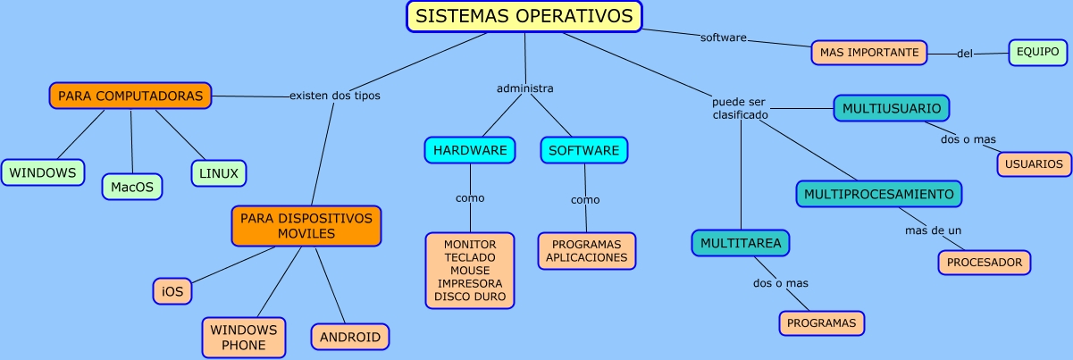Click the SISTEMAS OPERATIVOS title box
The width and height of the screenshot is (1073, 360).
(524, 16)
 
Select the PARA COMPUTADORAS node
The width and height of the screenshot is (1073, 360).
(130, 96)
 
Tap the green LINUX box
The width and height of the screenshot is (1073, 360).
(218, 173)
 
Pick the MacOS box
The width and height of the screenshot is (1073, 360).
(131, 187)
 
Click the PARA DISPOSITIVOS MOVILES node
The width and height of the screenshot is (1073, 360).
(306, 226)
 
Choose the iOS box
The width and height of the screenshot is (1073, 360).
(172, 290)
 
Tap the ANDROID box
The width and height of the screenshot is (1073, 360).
(350, 337)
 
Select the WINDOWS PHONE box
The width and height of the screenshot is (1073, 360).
(243, 337)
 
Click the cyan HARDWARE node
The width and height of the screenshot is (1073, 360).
(470, 150)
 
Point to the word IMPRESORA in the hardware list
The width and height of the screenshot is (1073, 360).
(470, 282)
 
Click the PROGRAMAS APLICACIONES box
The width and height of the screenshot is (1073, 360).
(586, 251)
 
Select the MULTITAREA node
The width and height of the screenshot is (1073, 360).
(741, 243)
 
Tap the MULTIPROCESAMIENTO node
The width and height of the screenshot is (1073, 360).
(879, 194)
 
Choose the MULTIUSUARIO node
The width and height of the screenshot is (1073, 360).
(891, 108)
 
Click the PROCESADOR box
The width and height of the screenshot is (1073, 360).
(985, 263)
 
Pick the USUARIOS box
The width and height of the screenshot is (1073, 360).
(1034, 164)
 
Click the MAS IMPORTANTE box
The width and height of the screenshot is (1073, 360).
(869, 53)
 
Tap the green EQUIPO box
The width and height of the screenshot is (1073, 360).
(1037, 52)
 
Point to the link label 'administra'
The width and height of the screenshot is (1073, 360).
(524, 88)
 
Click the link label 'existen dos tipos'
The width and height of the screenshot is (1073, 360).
(335, 95)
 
